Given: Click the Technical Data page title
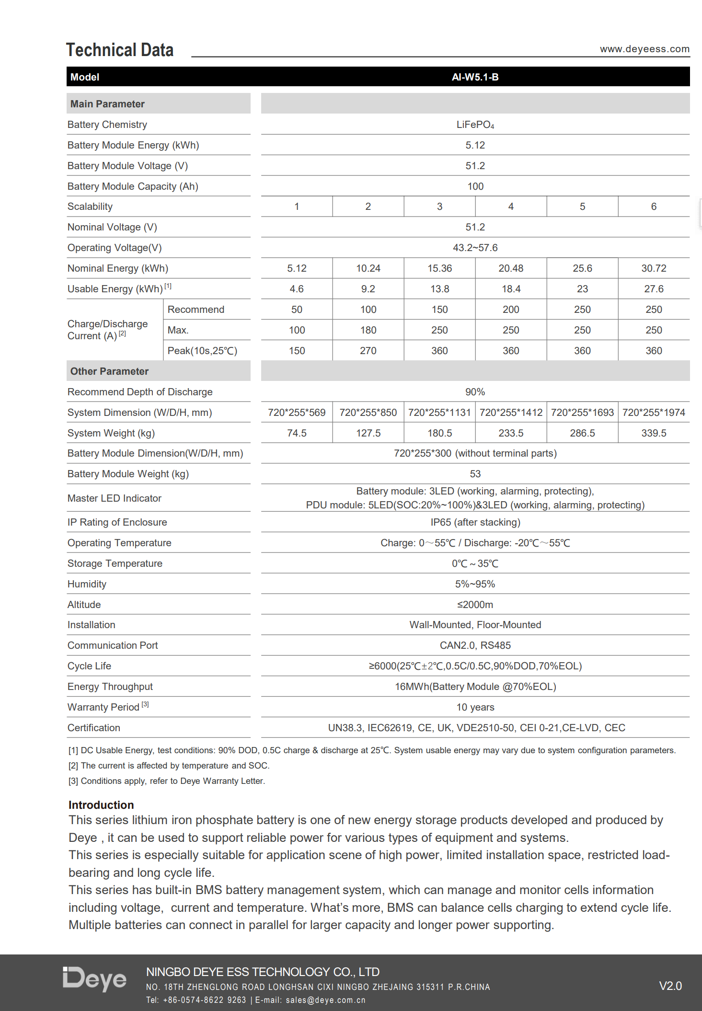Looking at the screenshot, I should point(120,50).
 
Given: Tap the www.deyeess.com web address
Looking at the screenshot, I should point(644,49).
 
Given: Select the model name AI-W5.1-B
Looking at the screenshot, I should point(475,77).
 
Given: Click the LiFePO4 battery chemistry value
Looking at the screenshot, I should point(475,125).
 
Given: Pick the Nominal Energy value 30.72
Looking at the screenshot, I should point(654,268).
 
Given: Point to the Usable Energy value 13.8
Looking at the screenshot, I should point(439,289).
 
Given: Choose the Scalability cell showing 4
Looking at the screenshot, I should point(511,207).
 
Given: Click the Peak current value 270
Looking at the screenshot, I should point(368,351).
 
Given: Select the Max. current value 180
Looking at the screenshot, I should point(368,330).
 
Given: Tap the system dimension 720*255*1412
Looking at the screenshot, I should point(511,413).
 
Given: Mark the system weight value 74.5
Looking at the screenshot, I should point(297,433).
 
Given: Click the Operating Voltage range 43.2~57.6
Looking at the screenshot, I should point(475,248).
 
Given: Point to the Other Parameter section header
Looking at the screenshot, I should point(109,371).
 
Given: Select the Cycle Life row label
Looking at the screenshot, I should point(89,666).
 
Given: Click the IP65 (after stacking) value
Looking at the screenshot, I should point(475,522).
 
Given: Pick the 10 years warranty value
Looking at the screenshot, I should point(475,707).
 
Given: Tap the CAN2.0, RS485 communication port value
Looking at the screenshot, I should point(475,645).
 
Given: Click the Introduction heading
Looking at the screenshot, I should point(101,805).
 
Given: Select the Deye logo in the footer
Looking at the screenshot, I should point(94,979).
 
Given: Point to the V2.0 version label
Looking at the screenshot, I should point(670,986).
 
